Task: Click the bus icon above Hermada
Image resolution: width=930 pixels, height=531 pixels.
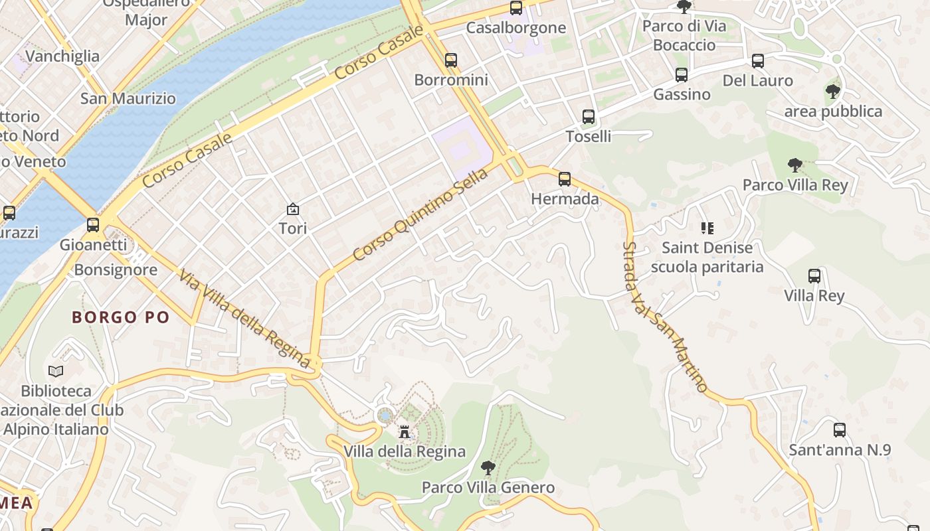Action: click(x=564, y=179)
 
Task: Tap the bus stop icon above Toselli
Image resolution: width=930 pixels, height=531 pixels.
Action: click(x=588, y=117)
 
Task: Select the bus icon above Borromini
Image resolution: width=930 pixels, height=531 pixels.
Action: click(x=451, y=60)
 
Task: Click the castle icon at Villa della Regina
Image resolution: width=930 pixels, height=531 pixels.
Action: click(x=404, y=433)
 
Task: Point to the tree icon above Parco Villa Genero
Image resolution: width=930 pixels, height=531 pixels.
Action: click(x=488, y=468)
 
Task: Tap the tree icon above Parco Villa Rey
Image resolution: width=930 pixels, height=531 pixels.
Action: click(x=794, y=165)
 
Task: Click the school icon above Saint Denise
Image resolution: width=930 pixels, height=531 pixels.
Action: click(x=707, y=228)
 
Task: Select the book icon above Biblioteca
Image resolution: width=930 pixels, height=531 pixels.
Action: click(x=56, y=371)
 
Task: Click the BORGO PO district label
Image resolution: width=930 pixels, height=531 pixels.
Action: click(x=121, y=317)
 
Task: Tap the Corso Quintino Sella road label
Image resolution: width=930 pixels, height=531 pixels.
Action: click(x=420, y=214)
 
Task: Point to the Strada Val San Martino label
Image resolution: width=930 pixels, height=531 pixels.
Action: click(x=665, y=317)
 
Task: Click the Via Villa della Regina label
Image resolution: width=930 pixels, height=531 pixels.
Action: click(x=244, y=318)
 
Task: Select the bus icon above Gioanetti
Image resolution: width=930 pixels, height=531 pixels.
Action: click(x=93, y=225)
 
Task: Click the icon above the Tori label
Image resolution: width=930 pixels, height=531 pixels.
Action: click(x=292, y=209)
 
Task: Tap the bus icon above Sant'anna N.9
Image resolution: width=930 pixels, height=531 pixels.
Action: click(x=839, y=430)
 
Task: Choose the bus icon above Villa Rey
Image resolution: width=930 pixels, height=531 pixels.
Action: click(x=814, y=276)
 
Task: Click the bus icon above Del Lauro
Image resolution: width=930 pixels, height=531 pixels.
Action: click(x=757, y=61)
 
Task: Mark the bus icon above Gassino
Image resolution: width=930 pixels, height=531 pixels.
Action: click(x=681, y=75)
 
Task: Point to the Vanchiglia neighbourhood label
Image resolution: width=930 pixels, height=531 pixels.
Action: click(x=62, y=56)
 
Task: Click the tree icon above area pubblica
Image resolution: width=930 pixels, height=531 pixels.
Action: click(x=832, y=92)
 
